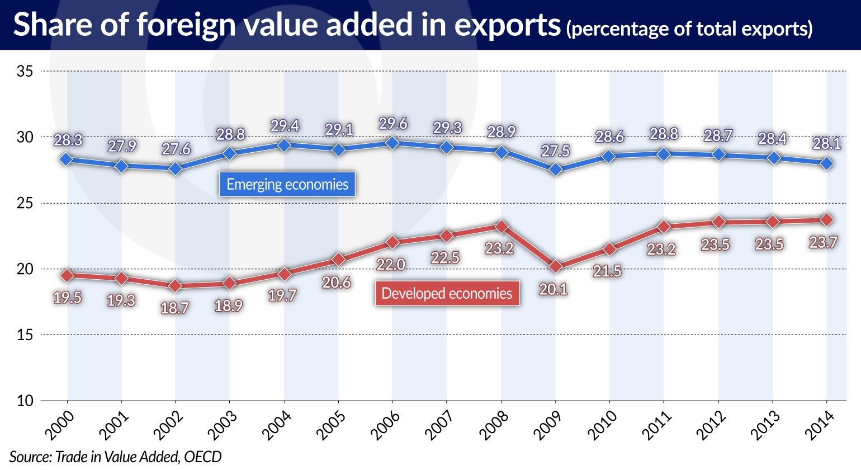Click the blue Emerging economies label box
click(x=287, y=185)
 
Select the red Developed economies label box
click(x=447, y=294)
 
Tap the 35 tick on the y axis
click(x=25, y=72)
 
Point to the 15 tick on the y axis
click(x=25, y=335)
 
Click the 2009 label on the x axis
click(x=548, y=425)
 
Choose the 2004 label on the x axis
click(x=277, y=425)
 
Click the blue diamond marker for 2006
click(x=392, y=143)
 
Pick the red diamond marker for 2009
click(x=555, y=267)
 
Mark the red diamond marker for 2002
click(x=176, y=286)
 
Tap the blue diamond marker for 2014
click(x=827, y=163)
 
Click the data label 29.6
click(x=393, y=124)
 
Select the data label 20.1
click(x=553, y=289)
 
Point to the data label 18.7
click(x=174, y=308)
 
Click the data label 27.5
click(x=555, y=151)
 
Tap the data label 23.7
click(x=823, y=242)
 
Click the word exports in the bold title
click(x=507, y=25)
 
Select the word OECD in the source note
click(x=203, y=457)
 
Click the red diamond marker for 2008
click(x=502, y=227)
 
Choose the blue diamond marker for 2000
click(x=67, y=159)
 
